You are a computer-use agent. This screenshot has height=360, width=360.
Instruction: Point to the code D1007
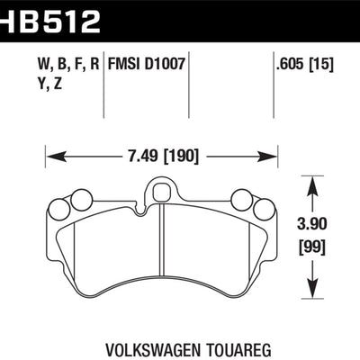(168, 65)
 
